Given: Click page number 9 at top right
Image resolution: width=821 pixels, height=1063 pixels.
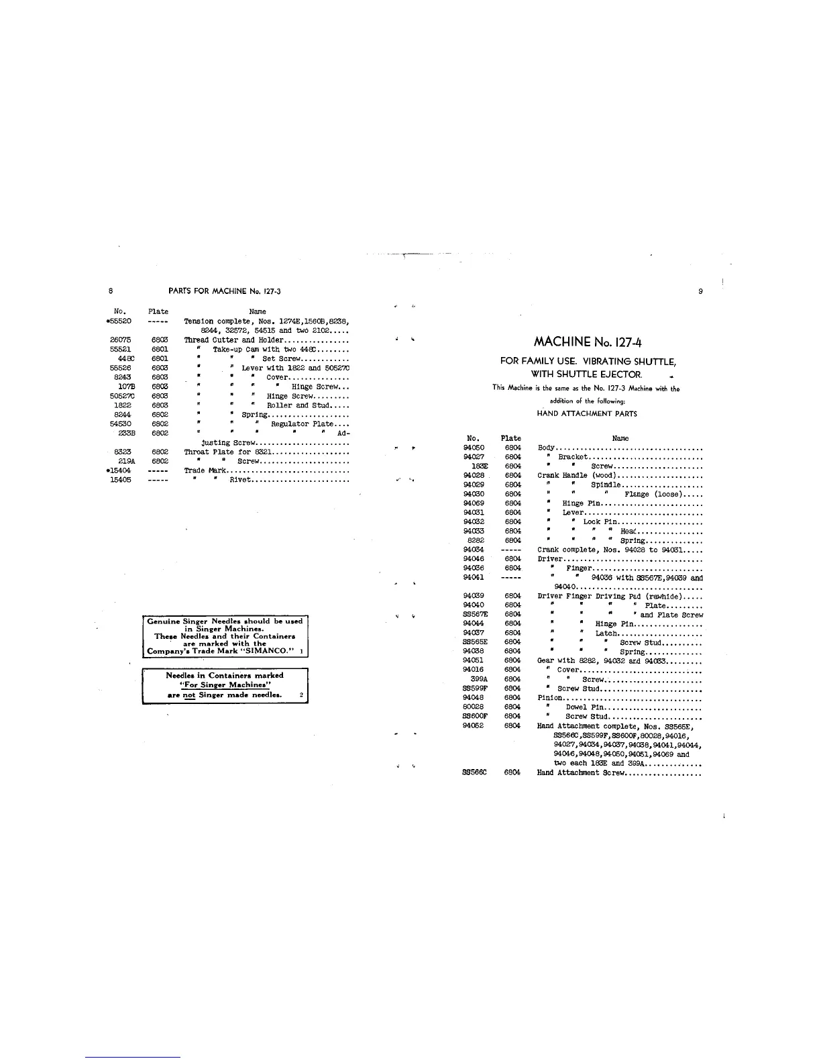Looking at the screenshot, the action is click(x=700, y=291).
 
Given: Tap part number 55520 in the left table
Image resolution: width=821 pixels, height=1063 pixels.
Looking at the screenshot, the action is click(x=121, y=321).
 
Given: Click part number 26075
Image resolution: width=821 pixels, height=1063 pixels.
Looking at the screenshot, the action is click(x=120, y=340).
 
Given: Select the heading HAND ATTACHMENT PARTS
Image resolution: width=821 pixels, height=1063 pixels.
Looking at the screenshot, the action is click(x=587, y=414).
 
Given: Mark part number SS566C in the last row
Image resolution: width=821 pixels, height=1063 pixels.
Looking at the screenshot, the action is click(x=474, y=772).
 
